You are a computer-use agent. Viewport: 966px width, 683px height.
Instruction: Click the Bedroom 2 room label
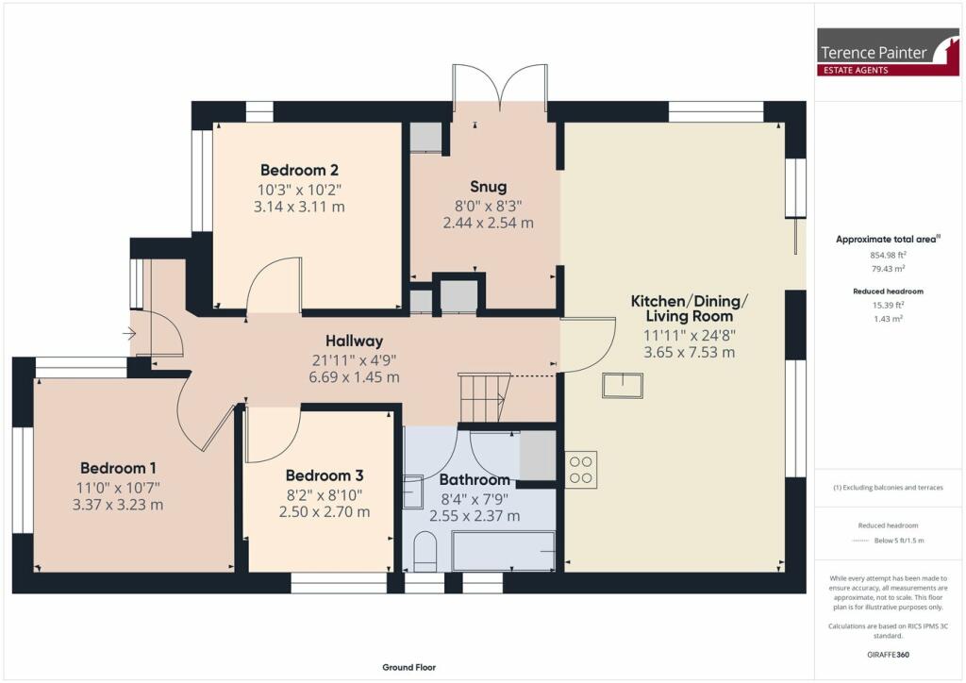point(299,171)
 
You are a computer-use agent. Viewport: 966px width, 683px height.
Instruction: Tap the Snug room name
point(488,187)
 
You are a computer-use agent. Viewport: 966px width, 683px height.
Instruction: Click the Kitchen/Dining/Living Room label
point(689,308)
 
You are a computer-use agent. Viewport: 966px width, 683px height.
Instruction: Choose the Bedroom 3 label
point(324,476)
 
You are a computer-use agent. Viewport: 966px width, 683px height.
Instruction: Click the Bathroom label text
point(475,480)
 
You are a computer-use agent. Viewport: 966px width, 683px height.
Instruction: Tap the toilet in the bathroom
point(425,551)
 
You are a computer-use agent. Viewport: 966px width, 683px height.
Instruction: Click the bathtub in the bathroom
point(503,551)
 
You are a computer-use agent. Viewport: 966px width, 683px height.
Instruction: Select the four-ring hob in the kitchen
point(580,470)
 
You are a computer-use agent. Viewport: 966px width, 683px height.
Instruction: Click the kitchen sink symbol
point(623,385)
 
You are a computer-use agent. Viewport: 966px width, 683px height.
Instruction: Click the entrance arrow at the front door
point(128,333)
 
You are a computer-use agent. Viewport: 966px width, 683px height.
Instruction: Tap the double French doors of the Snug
point(498,85)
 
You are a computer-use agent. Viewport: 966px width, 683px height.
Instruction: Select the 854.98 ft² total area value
point(886,255)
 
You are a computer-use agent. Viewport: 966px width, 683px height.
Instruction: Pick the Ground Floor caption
point(408,668)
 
